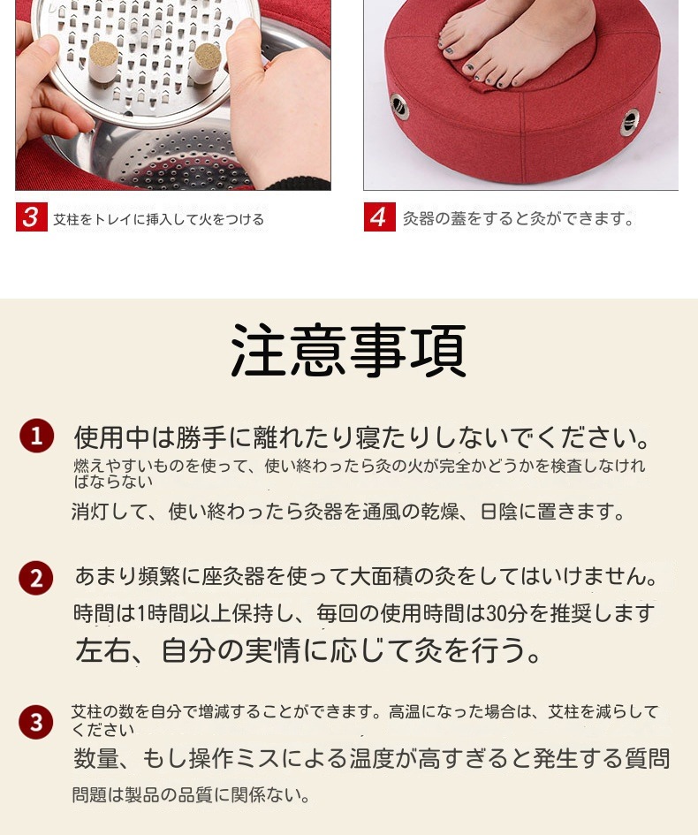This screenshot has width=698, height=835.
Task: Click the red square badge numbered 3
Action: click(x=31, y=217)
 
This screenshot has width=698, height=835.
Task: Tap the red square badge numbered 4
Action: click(x=379, y=217)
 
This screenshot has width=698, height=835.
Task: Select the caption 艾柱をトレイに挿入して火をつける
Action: click(x=159, y=219)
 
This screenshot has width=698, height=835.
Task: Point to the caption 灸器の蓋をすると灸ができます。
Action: click(x=519, y=218)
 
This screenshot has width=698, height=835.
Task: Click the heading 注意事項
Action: click(x=348, y=351)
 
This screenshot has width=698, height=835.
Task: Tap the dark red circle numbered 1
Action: click(x=36, y=436)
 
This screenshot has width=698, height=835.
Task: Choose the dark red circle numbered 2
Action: click(x=36, y=579)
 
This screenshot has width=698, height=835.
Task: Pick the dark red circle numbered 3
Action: click(x=36, y=722)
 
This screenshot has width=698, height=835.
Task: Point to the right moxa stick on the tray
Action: click(x=206, y=62)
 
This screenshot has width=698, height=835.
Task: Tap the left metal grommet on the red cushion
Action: click(x=400, y=106)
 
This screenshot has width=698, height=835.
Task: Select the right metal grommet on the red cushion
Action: click(x=630, y=120)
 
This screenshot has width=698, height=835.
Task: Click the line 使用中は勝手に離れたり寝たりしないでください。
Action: click(x=362, y=436)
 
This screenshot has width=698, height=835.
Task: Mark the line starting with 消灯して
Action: click(x=348, y=512)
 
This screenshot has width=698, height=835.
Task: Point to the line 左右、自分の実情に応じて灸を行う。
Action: click(x=308, y=651)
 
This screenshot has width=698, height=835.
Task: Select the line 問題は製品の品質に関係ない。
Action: click(x=191, y=795)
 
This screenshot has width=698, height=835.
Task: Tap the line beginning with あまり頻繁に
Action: click(x=367, y=577)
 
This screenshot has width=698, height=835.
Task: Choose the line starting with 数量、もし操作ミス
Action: click(x=371, y=758)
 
